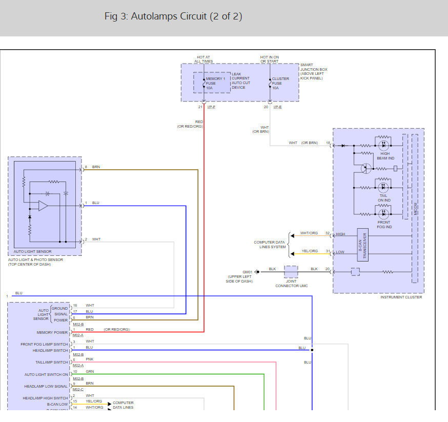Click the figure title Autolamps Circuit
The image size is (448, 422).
173,16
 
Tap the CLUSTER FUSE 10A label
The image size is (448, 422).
280,83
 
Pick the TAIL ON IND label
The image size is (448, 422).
384,198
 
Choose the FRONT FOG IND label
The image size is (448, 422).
384,225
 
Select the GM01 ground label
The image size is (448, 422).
248,272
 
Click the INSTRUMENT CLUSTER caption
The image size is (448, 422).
401,297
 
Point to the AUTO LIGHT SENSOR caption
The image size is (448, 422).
32,252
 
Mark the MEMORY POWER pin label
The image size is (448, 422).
52,332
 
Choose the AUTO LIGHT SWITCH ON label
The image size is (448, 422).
46,374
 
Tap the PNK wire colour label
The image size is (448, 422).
89,359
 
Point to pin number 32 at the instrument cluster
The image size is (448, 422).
327,233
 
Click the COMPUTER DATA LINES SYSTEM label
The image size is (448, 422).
270,245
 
